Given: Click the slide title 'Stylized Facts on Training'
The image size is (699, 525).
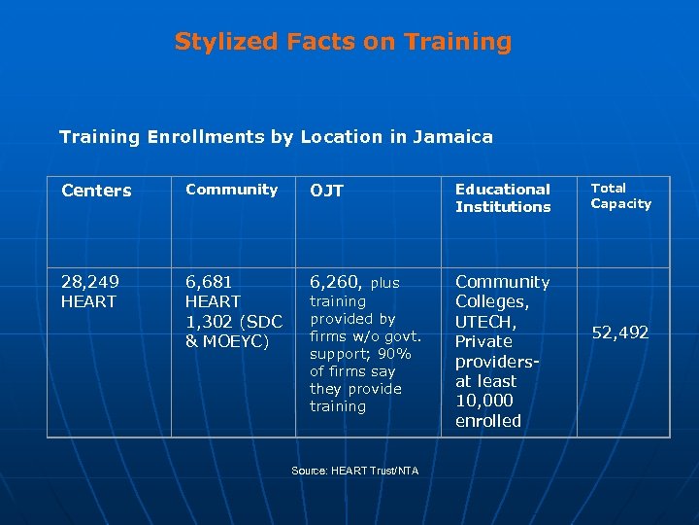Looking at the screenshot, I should pos(343,42).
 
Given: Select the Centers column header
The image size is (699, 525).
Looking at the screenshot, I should pos(96,191).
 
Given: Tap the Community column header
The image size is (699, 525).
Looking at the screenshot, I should pos(232,190).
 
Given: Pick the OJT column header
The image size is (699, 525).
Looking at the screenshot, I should pos(326,191).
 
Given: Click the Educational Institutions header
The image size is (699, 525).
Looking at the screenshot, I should pos(503,198).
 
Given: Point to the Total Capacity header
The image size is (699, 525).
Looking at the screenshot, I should pos(620,195).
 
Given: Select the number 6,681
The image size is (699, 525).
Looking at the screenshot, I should pos(209,282).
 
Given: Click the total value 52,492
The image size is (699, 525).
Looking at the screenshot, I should pos(619,332).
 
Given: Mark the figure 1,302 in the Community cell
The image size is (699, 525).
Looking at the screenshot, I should pos(210,322).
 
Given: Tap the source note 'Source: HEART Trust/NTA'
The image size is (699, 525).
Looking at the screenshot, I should pos(354,471).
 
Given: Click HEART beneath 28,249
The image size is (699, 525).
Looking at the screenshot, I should pos(88,302).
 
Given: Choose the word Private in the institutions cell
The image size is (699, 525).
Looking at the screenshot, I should pos(483,341).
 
